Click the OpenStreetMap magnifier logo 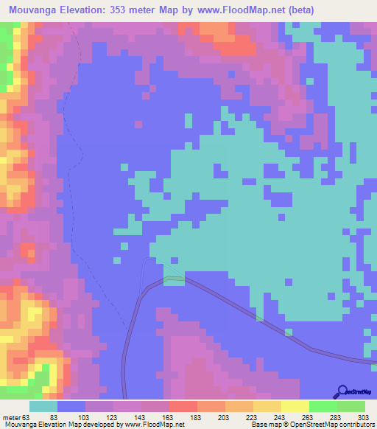click(x=342, y=392)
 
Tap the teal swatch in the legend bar click(x=43, y=406)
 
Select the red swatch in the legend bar click(x=183, y=406)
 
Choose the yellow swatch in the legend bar click(x=295, y=406)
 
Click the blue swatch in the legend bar click(x=71, y=406)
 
